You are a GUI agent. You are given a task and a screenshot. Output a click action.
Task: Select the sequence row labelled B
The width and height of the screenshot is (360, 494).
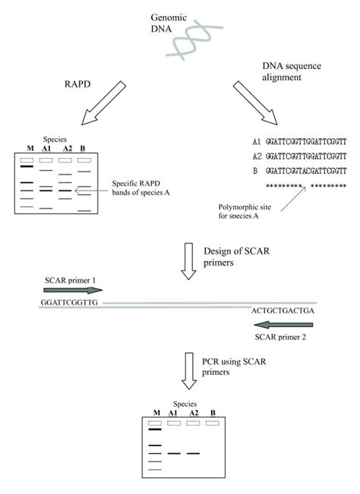pyautogui.click(x=299, y=171)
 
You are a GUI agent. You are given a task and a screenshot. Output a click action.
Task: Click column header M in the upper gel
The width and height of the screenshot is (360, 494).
pyautogui.click(x=29, y=146)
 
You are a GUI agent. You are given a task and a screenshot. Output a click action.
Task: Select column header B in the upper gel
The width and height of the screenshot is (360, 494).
pyautogui.click(x=84, y=146)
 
